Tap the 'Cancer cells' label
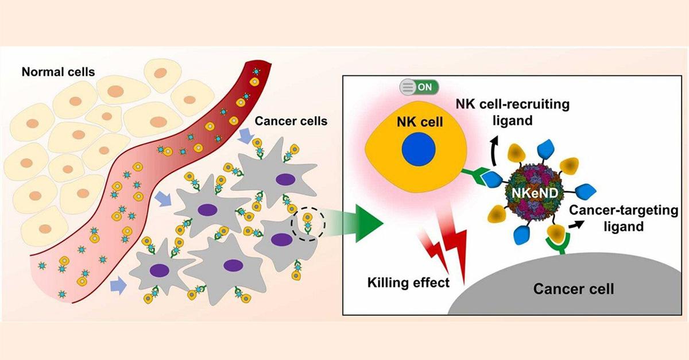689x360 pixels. click(x=284, y=121)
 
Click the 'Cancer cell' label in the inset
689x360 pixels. click(x=574, y=288)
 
